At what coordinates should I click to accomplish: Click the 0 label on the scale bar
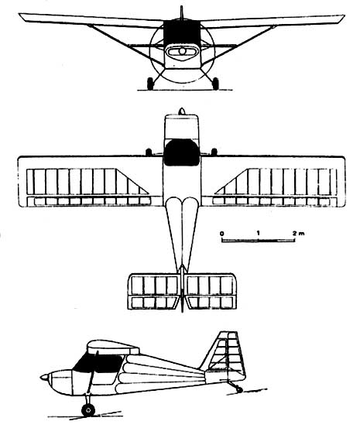[x=222, y=234]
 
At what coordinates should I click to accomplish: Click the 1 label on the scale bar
[x=258, y=233]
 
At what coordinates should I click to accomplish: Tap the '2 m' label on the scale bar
[x=298, y=234]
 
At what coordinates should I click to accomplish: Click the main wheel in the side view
[x=88, y=410]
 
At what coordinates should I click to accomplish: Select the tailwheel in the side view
[x=239, y=389]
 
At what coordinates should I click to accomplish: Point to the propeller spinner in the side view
[x=44, y=378]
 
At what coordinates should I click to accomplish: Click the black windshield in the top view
[x=181, y=152]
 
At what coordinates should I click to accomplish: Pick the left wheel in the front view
[x=150, y=84]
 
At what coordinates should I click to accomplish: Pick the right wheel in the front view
[x=215, y=84]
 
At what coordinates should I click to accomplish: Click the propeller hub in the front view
[x=182, y=51]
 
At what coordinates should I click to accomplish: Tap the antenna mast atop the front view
[x=181, y=13]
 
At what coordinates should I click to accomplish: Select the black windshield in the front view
[x=181, y=33]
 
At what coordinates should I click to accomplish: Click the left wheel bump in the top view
[x=149, y=152]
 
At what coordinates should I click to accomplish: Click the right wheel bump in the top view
[x=214, y=152]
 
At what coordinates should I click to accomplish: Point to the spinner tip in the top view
[x=182, y=111]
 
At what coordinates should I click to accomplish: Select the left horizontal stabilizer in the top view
[x=153, y=291]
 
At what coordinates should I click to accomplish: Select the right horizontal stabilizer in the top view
[x=211, y=291]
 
